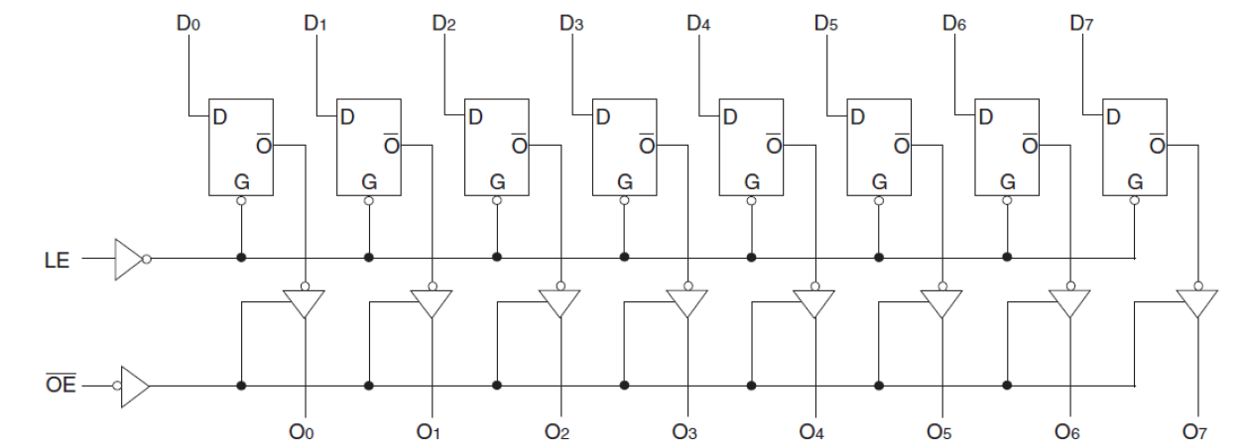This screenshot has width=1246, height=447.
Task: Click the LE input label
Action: point(57,263)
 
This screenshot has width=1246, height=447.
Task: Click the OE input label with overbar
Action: point(62,385)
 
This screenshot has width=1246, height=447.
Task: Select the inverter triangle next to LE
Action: point(129,259)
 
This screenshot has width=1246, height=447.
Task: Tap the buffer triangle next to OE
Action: point(136,385)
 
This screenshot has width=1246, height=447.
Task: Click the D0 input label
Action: point(188,21)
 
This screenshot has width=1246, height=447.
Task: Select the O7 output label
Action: point(1194,431)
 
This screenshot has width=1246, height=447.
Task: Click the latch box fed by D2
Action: point(497,147)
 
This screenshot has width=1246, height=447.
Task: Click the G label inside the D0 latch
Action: point(241,182)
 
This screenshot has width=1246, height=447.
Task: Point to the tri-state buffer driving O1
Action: point(432,302)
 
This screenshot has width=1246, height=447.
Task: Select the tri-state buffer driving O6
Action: point(1069,302)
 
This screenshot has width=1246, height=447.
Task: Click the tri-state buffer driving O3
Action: point(686,302)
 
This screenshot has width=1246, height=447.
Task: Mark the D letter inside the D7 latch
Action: point(1113,117)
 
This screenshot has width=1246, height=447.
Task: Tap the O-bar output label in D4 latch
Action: point(773,145)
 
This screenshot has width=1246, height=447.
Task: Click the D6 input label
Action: point(954,21)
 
